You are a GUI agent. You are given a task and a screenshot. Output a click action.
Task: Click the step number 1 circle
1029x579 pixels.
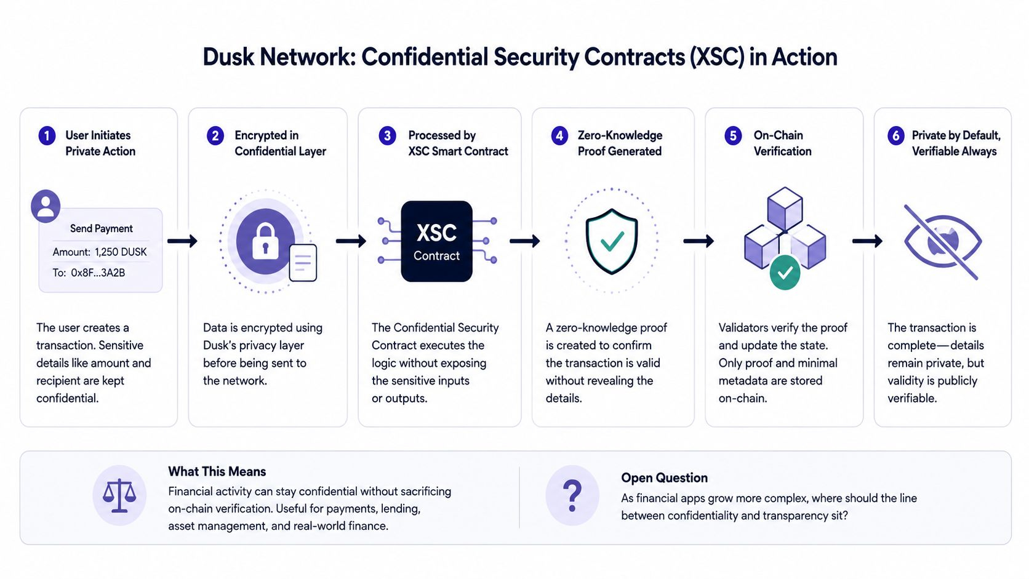(47, 136)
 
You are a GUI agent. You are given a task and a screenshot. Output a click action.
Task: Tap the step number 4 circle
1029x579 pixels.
(559, 136)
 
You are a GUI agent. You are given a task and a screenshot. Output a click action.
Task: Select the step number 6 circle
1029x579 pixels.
(896, 136)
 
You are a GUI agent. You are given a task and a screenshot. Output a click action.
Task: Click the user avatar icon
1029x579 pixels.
(46, 206)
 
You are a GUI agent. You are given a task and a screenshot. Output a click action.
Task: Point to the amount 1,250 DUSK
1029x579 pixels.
(121, 252)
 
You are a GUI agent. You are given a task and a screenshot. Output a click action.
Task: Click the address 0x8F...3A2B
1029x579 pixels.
(98, 273)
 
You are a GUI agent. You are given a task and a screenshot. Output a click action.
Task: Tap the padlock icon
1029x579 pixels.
(265, 241)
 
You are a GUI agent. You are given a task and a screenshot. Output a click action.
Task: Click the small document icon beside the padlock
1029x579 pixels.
(303, 263)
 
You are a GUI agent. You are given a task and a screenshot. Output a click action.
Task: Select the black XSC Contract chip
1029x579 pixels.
(436, 242)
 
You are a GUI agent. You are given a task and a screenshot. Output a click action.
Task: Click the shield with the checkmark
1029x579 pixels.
(611, 242)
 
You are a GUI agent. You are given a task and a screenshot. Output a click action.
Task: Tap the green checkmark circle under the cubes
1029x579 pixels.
(785, 273)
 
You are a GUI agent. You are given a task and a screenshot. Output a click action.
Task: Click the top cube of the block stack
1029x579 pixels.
(785, 208)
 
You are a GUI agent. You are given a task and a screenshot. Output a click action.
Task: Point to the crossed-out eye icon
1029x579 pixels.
(943, 242)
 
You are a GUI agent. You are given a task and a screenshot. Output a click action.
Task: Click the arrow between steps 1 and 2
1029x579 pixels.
(182, 241)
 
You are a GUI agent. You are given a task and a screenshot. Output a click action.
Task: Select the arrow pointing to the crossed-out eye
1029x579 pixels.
(867, 241)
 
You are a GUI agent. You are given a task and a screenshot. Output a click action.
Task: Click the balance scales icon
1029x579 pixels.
(119, 495)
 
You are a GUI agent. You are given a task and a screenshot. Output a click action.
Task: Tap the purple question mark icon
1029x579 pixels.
(572, 496)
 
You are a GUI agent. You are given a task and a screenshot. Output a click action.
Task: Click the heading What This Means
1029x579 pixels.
(217, 471)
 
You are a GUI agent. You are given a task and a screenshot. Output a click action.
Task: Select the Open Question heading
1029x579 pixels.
(664, 478)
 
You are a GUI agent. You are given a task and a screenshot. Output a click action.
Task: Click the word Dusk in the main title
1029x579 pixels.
(228, 57)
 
